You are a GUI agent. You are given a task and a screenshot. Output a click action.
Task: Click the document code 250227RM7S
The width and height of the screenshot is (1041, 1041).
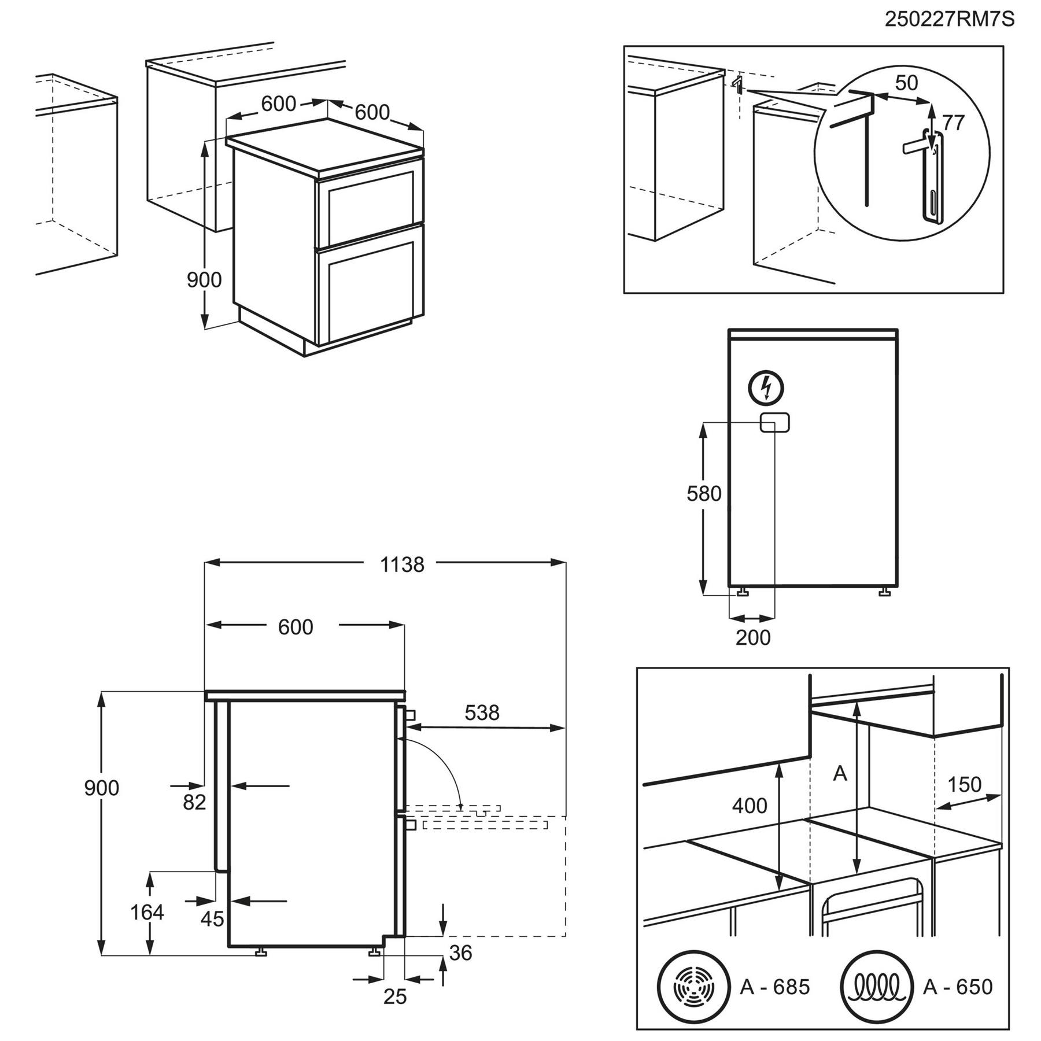[949, 20]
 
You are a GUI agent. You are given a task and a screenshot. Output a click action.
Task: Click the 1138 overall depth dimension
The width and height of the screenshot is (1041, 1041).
[402, 564]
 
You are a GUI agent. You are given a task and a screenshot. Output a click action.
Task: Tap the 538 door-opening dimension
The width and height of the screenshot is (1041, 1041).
[482, 713]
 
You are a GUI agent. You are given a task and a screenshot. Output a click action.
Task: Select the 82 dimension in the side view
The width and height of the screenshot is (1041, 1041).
[194, 802]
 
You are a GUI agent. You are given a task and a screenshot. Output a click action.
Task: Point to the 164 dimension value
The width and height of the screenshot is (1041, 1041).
[147, 912]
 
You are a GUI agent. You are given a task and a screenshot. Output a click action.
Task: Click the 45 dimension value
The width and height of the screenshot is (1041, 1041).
[212, 919]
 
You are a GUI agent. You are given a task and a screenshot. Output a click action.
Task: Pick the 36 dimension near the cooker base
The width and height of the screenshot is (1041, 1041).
[460, 953]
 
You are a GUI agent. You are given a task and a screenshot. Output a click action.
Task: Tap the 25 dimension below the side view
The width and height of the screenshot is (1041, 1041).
[395, 996]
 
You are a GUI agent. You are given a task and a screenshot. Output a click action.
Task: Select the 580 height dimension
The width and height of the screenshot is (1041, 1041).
[704, 494]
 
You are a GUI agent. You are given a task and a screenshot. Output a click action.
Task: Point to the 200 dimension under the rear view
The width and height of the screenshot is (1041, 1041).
[753, 637]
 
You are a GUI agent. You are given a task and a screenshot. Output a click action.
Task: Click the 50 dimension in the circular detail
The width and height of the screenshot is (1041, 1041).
[906, 83]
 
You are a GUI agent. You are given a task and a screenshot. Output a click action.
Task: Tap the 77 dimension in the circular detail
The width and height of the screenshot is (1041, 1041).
[954, 123]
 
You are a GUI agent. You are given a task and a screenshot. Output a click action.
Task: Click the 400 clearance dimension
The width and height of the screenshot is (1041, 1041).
[750, 806]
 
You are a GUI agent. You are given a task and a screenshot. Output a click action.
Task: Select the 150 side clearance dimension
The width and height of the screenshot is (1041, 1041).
[964, 785]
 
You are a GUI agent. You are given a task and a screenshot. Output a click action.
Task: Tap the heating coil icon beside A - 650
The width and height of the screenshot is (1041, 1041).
[876, 985]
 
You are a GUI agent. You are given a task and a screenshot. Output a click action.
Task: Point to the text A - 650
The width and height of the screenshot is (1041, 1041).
[958, 986]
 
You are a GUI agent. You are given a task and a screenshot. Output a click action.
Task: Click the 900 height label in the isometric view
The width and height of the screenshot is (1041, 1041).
[204, 280]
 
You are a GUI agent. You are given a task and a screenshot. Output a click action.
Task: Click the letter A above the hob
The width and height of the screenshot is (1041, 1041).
[840, 773]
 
